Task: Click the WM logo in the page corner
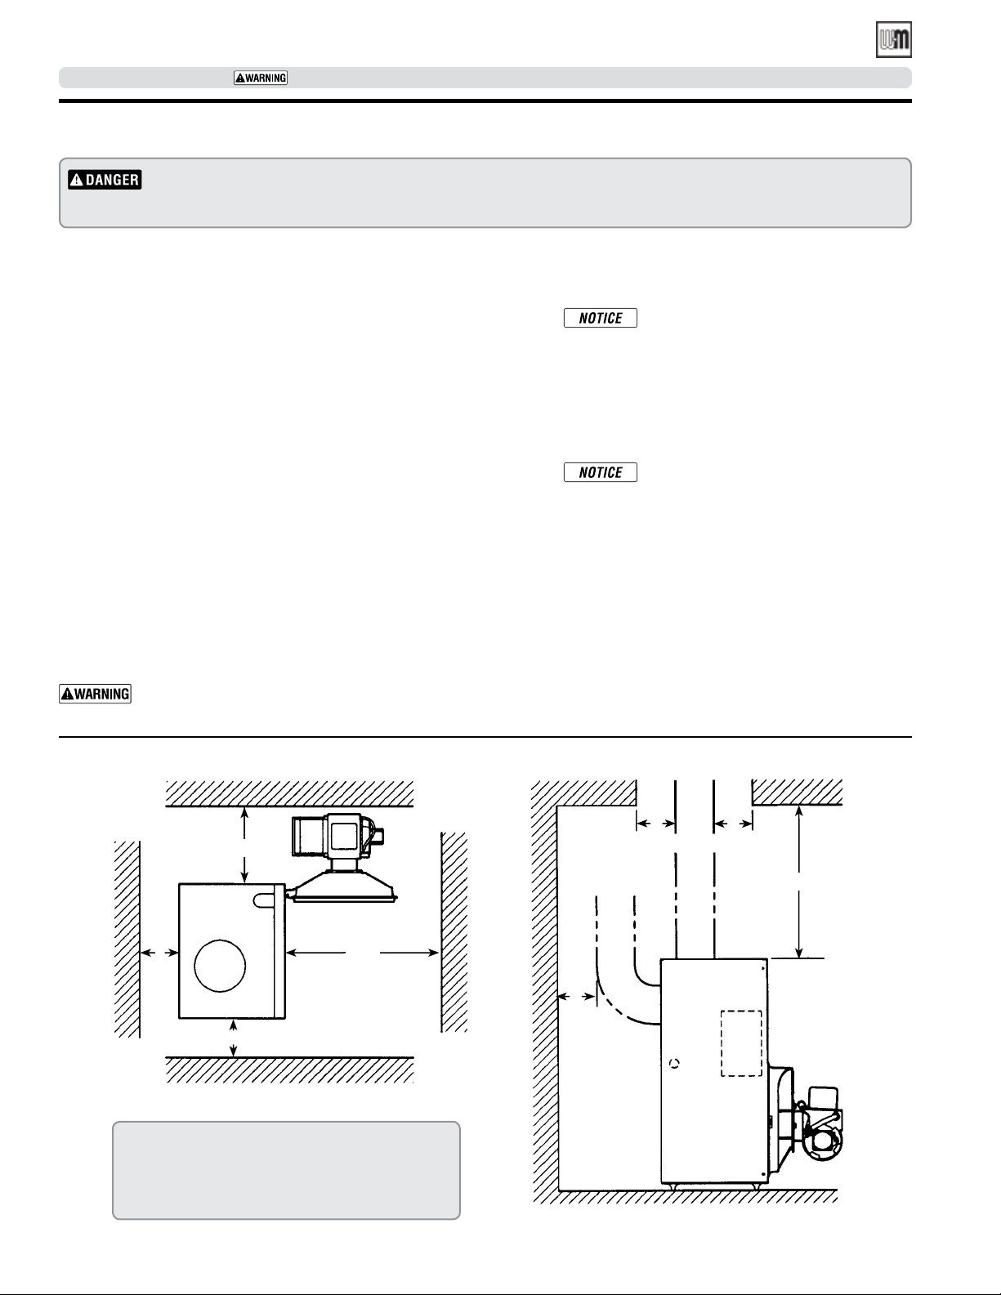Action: pos(894,39)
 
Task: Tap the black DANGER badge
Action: pos(105,180)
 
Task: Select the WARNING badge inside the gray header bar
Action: pos(261,78)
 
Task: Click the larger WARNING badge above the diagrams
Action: pos(95,694)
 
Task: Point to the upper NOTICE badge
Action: pos(601,318)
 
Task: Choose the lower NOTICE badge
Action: pos(601,472)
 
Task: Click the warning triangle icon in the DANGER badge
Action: pos(76,180)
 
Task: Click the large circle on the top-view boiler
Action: pos(220,966)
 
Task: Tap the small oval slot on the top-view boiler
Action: pos(263,900)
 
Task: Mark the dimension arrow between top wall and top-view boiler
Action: pos(244,845)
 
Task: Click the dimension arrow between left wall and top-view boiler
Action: pos(159,953)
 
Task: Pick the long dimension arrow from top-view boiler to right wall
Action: pos(363,953)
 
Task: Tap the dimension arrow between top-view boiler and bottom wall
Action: pos(234,1038)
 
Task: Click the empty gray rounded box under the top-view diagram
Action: pos(286,1170)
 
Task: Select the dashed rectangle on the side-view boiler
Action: pos(741,1043)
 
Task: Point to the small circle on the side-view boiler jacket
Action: pos(674,1064)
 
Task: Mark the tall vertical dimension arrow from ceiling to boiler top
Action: pos(799,882)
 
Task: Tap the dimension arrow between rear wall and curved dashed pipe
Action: pos(577,996)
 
